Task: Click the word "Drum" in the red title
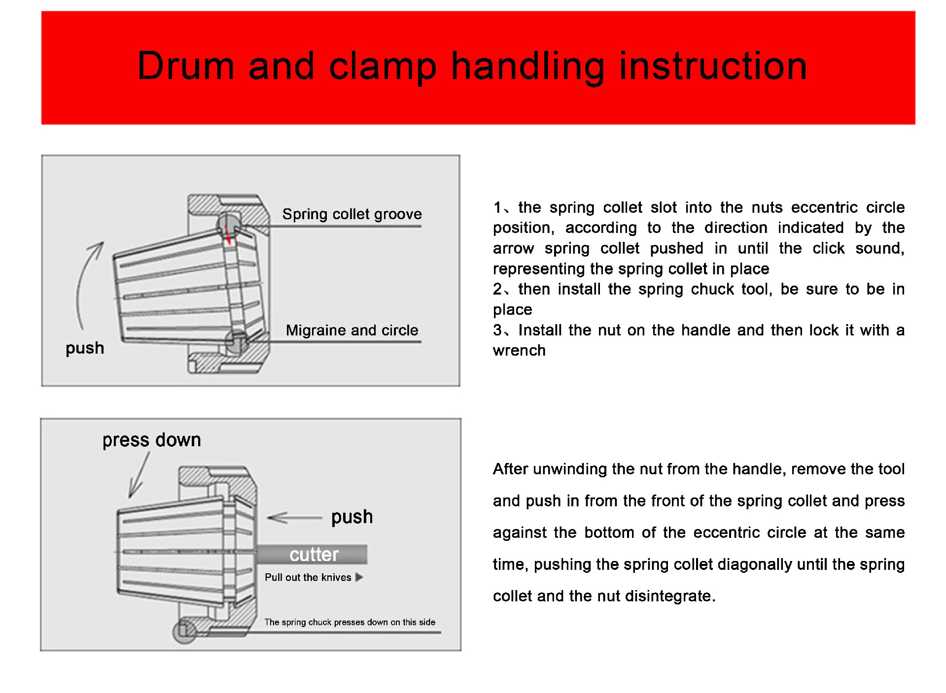coord(185,66)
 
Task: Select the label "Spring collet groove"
coord(351,214)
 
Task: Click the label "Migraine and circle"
coord(351,330)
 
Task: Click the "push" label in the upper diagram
coord(85,348)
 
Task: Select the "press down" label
coord(151,440)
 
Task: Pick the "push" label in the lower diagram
coord(351,517)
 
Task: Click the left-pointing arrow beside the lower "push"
coord(294,518)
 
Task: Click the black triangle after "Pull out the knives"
coord(359,577)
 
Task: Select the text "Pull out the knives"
coord(308,577)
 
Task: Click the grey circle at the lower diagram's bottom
coord(184,631)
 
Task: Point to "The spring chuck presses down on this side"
coord(350,622)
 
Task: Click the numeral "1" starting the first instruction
coord(497,207)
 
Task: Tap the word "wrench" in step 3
coord(519,350)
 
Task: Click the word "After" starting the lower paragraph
coord(510,469)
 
